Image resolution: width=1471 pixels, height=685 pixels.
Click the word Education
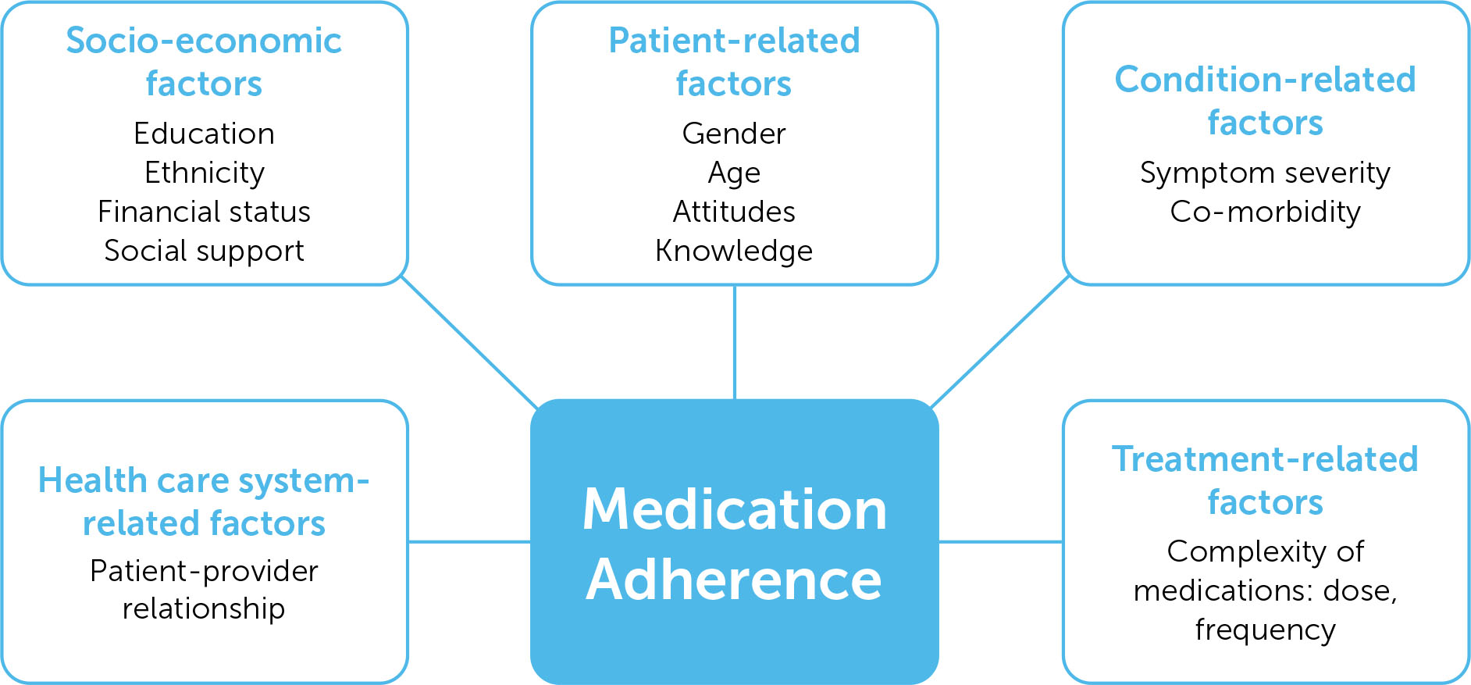[x=204, y=134]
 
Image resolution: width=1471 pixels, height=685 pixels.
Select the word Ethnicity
[x=205, y=173]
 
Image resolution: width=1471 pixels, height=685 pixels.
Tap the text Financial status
[x=204, y=212]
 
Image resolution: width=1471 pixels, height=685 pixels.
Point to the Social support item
[x=204, y=251]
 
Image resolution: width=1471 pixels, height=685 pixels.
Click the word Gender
[x=734, y=134]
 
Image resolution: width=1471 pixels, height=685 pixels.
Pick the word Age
[x=734, y=173]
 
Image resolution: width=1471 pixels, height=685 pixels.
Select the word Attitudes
[x=734, y=212]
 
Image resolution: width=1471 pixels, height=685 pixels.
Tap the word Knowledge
[x=734, y=251]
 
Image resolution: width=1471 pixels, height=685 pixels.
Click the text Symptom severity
[x=1265, y=173]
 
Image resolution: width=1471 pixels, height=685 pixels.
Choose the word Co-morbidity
[x=1265, y=212]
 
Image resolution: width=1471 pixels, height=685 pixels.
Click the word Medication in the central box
[x=734, y=509]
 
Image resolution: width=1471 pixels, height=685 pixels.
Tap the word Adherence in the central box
[x=734, y=580]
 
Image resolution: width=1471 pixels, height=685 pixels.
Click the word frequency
[x=1265, y=630]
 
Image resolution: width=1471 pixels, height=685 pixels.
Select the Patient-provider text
[x=204, y=571]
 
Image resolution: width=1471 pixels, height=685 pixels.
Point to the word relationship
[x=204, y=608]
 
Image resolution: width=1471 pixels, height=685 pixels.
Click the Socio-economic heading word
[x=204, y=41]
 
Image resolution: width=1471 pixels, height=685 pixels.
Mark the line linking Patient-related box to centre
[x=735, y=342]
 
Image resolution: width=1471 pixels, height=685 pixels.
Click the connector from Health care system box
[x=469, y=541]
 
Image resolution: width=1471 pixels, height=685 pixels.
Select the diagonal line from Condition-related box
[x=1000, y=341]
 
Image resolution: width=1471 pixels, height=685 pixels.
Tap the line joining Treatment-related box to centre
[x=1000, y=541]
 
